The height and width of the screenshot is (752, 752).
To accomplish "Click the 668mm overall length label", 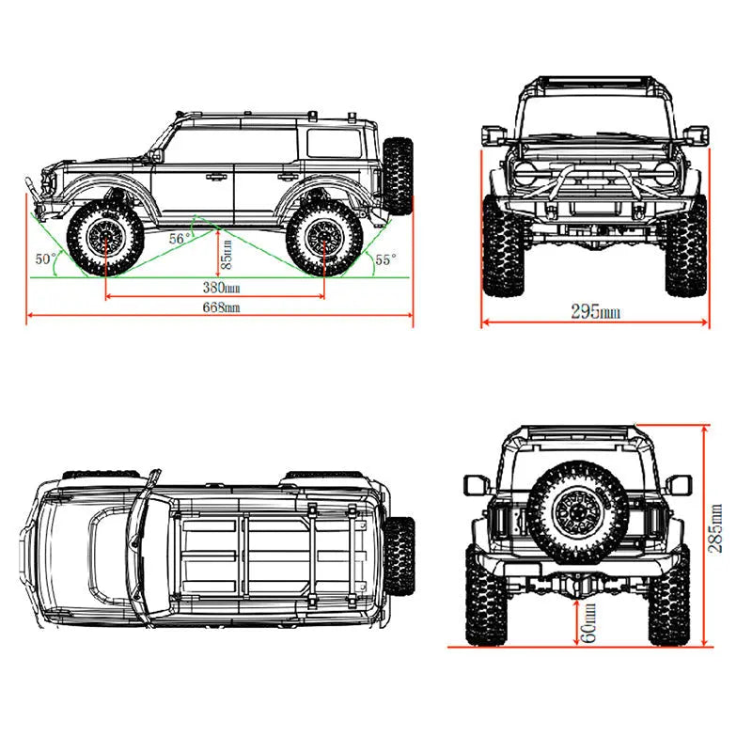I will tap(220, 307).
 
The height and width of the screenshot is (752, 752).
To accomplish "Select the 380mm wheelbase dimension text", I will tap(220, 287).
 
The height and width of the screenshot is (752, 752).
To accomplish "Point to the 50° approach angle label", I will tap(46, 258).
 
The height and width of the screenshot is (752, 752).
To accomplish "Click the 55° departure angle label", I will tap(384, 258).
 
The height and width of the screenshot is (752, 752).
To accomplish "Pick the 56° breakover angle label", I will tap(181, 239).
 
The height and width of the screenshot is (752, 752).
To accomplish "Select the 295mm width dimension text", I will tap(594, 311).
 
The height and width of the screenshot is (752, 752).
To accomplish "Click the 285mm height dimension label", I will tap(716, 528).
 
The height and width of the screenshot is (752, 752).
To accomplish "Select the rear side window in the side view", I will tap(333, 144).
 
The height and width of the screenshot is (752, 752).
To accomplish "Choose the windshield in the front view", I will tap(594, 117).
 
